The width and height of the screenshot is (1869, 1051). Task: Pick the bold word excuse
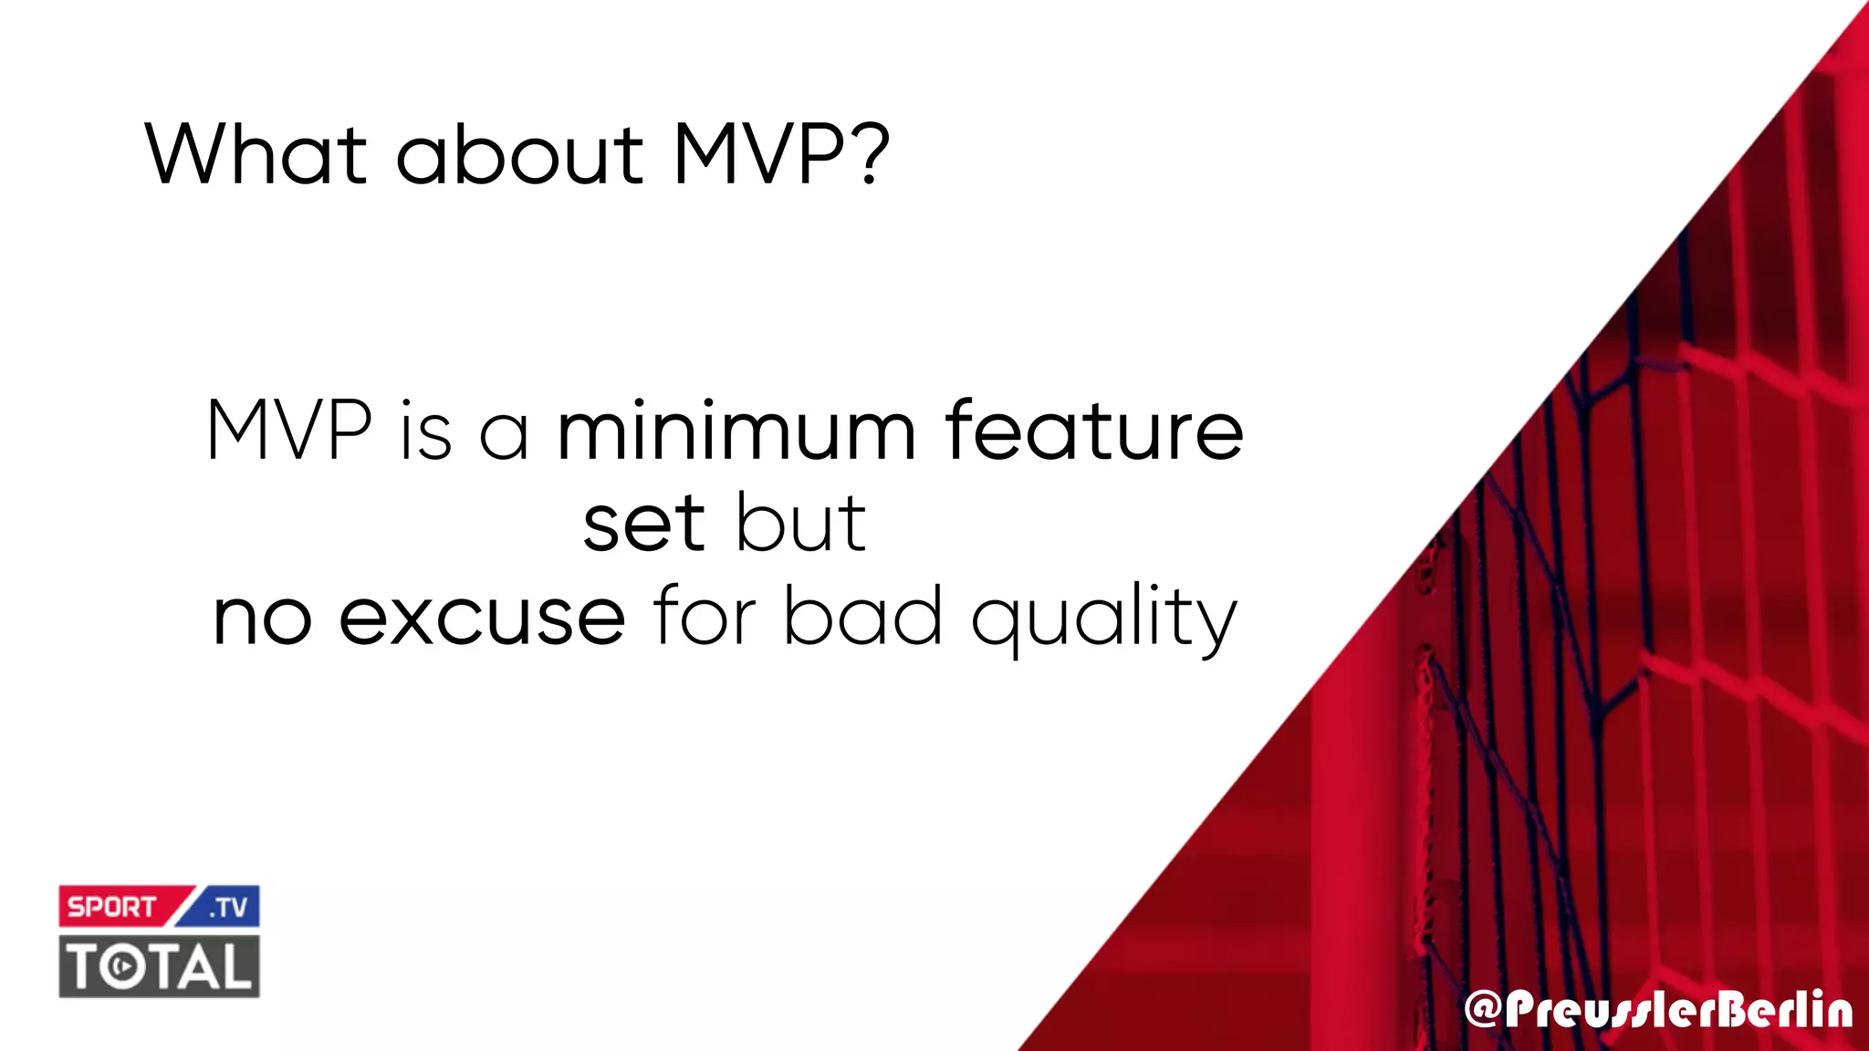(x=482, y=618)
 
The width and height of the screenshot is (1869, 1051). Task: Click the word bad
(x=863, y=618)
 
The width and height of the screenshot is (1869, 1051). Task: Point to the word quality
(x=1103, y=620)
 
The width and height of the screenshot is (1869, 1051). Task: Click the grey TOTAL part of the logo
(x=160, y=966)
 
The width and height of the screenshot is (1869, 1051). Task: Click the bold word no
(x=262, y=618)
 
